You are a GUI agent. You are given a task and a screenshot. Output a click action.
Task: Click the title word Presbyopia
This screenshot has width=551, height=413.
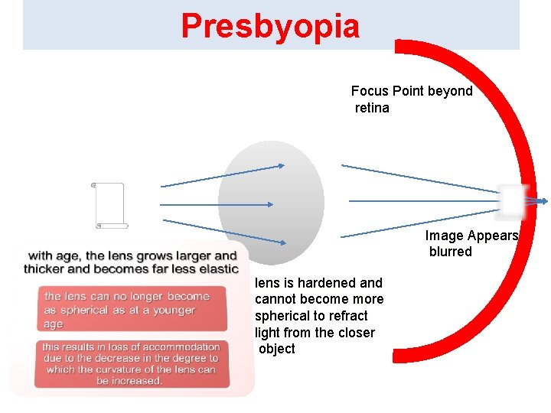tap(270, 26)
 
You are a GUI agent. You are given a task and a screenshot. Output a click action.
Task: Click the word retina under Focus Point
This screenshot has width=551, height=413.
tap(372, 108)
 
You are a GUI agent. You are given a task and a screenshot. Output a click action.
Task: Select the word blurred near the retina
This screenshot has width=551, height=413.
tap(450, 252)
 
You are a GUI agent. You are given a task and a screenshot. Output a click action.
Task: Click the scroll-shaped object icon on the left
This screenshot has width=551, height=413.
tap(109, 205)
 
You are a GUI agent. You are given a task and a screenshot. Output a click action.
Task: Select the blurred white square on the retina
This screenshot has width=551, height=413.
tap(511, 201)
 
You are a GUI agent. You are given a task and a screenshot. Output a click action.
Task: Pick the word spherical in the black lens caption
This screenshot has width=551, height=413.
tap(284, 316)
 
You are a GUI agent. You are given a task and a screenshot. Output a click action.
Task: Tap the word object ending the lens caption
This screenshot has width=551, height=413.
tap(276, 350)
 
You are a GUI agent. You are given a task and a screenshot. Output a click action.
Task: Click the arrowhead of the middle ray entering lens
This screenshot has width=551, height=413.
tap(270, 204)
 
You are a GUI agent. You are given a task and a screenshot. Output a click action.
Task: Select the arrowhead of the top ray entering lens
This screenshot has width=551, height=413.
tap(281, 165)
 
